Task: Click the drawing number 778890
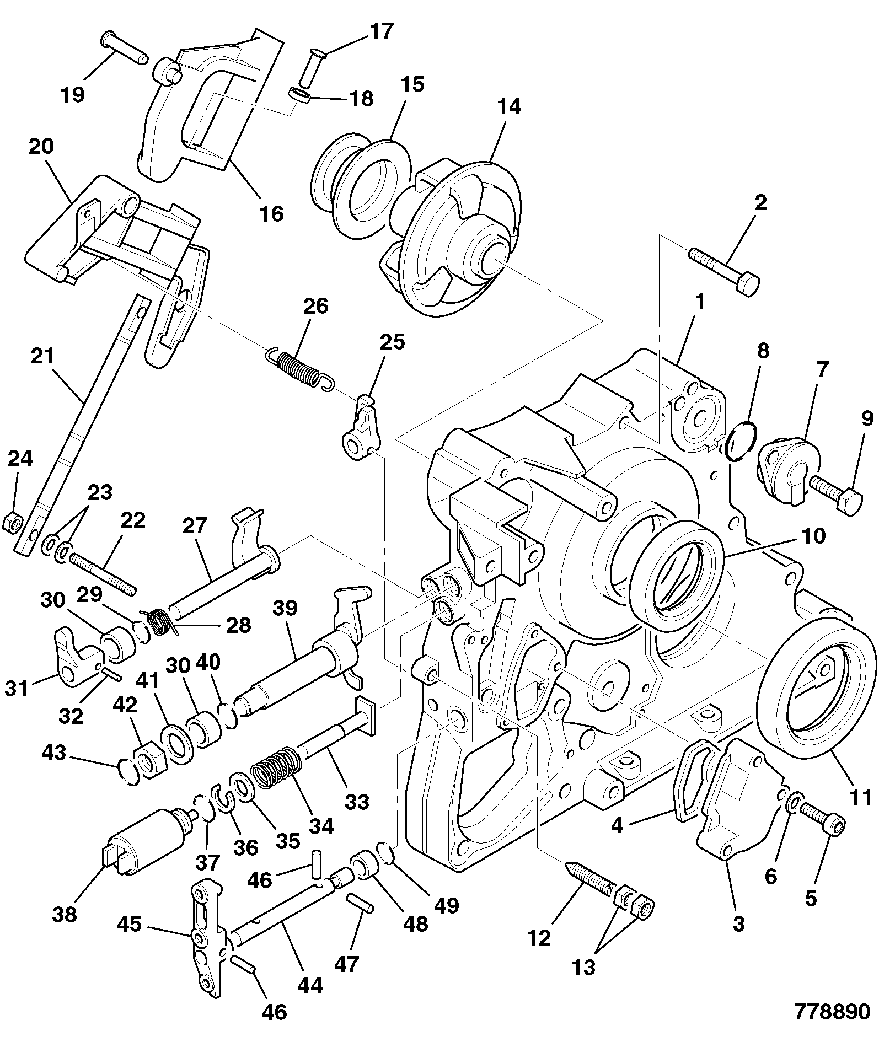[832, 1012]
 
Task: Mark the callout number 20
[41, 147]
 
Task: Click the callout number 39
[285, 608]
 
